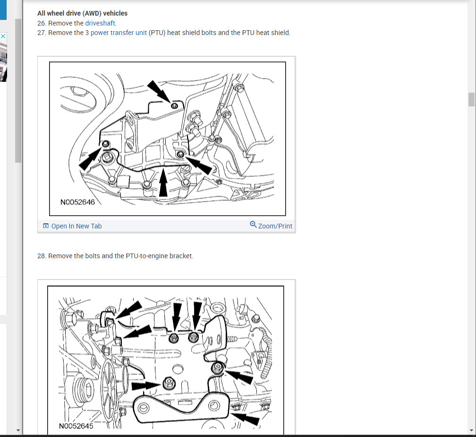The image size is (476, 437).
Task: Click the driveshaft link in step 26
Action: tap(100, 23)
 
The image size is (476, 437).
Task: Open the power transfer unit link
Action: tap(119, 33)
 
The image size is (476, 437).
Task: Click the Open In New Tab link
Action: tap(76, 226)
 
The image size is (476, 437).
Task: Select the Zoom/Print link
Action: tap(275, 226)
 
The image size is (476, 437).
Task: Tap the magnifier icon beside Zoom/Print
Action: tap(253, 225)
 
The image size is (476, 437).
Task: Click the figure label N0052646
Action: tap(77, 202)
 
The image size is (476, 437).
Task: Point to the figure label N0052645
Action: tap(76, 426)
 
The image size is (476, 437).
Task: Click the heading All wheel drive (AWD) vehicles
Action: tap(82, 13)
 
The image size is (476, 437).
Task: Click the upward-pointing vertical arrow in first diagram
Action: tap(163, 183)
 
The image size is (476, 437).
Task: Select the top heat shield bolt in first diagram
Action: tap(175, 105)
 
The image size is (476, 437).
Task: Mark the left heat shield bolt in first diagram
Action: tap(106, 143)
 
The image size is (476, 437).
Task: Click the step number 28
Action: tap(42, 256)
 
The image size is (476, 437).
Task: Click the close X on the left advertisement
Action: tap(3, 36)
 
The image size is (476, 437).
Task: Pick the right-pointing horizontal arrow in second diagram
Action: tap(146, 385)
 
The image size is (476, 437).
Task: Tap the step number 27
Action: tap(42, 33)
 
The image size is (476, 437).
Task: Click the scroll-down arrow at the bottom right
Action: tap(471, 430)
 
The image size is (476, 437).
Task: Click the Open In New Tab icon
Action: tap(46, 226)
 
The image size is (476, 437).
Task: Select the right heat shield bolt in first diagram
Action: tap(180, 155)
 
